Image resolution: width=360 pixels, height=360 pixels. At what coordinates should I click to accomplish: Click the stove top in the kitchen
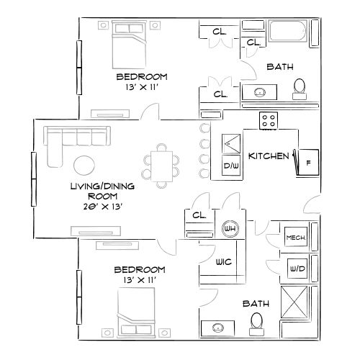point(269,121)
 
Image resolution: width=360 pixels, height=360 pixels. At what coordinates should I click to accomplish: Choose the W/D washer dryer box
point(296,269)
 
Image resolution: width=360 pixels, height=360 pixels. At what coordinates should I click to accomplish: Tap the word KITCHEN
point(269,156)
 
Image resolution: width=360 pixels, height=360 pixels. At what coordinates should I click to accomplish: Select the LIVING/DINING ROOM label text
point(94,190)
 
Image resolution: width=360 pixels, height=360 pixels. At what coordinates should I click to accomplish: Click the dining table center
point(160,163)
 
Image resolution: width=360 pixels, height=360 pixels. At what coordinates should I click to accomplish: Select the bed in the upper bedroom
point(132,44)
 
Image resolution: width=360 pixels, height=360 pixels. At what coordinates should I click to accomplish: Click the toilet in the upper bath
point(300,89)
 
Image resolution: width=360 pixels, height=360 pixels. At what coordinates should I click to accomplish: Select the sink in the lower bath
point(216,328)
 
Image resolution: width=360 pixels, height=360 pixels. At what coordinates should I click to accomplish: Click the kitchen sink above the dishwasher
point(231,143)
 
